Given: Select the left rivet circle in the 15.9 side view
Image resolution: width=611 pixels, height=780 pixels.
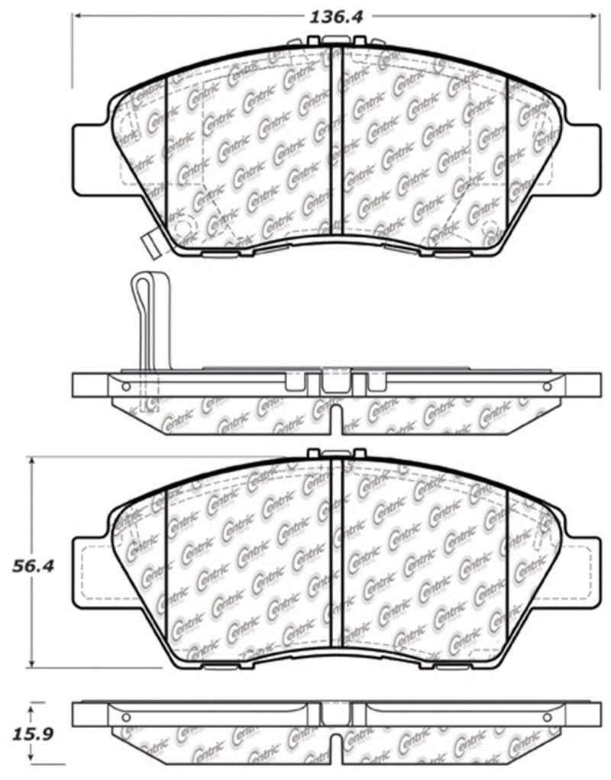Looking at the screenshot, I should point(128,717).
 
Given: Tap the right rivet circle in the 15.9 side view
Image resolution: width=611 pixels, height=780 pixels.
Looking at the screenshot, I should point(546,717).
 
